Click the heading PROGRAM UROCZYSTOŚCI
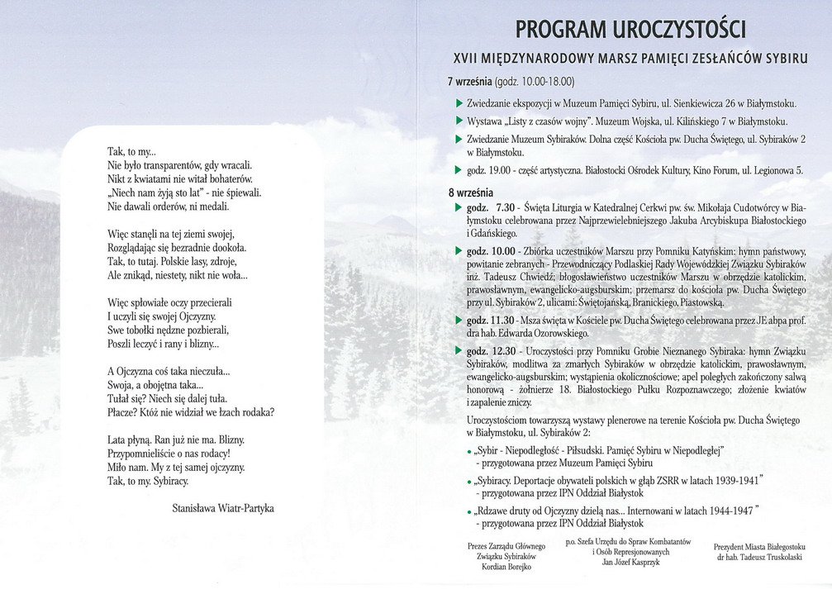(x=630, y=31)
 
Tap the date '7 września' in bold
(x=469, y=82)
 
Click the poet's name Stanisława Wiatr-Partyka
(x=222, y=508)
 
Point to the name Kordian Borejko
(x=506, y=567)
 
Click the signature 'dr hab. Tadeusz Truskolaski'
(x=759, y=557)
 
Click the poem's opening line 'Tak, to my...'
(x=131, y=152)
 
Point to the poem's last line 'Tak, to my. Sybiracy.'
(x=148, y=480)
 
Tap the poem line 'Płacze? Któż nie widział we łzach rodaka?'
(x=191, y=411)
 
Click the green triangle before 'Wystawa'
(x=459, y=121)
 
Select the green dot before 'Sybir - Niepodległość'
(x=469, y=451)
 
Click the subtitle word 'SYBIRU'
(x=779, y=59)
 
